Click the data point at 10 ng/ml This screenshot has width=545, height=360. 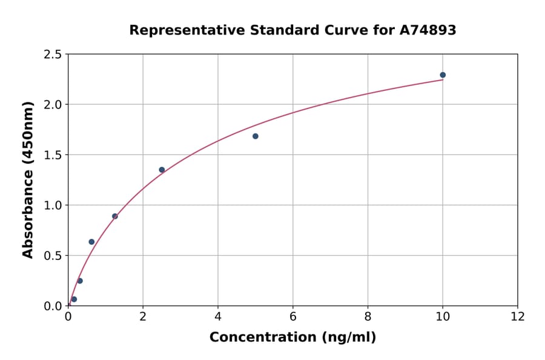pos(443,75)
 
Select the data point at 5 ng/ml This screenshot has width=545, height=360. pos(256,136)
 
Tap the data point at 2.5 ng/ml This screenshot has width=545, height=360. pos(162,170)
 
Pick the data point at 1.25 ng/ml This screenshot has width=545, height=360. pos(115,216)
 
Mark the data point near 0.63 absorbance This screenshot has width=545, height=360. pos(91,242)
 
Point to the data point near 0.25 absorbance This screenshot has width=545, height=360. pos(80,281)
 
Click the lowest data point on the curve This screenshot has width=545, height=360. pos(74,299)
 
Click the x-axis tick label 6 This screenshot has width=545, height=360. pos(292,316)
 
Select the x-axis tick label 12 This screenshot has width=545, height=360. pos(518,316)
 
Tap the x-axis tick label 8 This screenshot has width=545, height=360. pos(368,316)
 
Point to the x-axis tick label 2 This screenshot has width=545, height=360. pos(143,316)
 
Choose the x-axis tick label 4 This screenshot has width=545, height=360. pos(218,316)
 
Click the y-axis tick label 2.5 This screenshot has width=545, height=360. pos(53,55)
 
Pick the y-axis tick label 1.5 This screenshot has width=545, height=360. pos(53,155)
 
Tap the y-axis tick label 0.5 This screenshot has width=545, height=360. pos(53,256)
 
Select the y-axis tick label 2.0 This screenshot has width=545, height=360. pos(53,105)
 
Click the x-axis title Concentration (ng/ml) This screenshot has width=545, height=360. pos(292,338)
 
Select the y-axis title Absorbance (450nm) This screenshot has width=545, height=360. pos(28,179)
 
